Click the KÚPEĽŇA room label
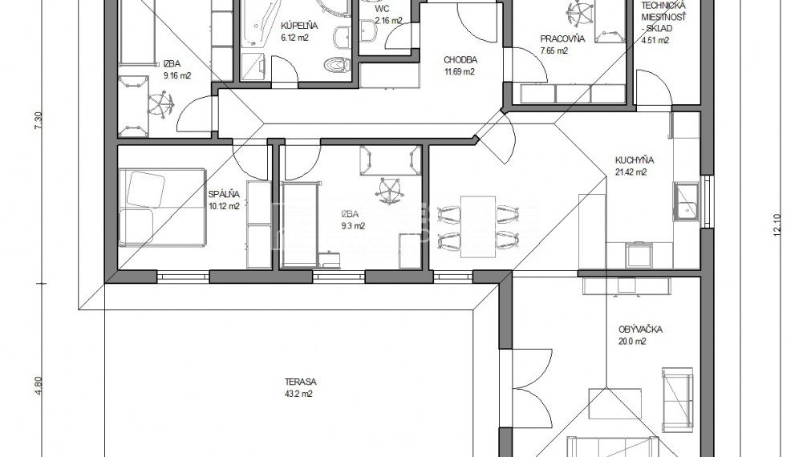click(x=299, y=26)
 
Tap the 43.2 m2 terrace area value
click(x=298, y=394)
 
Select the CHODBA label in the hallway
click(x=460, y=60)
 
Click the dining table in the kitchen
click(x=477, y=226)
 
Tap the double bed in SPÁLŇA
click(x=162, y=206)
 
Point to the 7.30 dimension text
click(x=37, y=121)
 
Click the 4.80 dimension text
click(x=37, y=386)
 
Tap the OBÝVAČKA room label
click(x=640, y=330)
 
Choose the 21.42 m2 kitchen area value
click(x=631, y=172)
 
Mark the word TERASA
click(x=301, y=382)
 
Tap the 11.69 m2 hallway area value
click(x=460, y=72)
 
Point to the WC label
click(x=382, y=9)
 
